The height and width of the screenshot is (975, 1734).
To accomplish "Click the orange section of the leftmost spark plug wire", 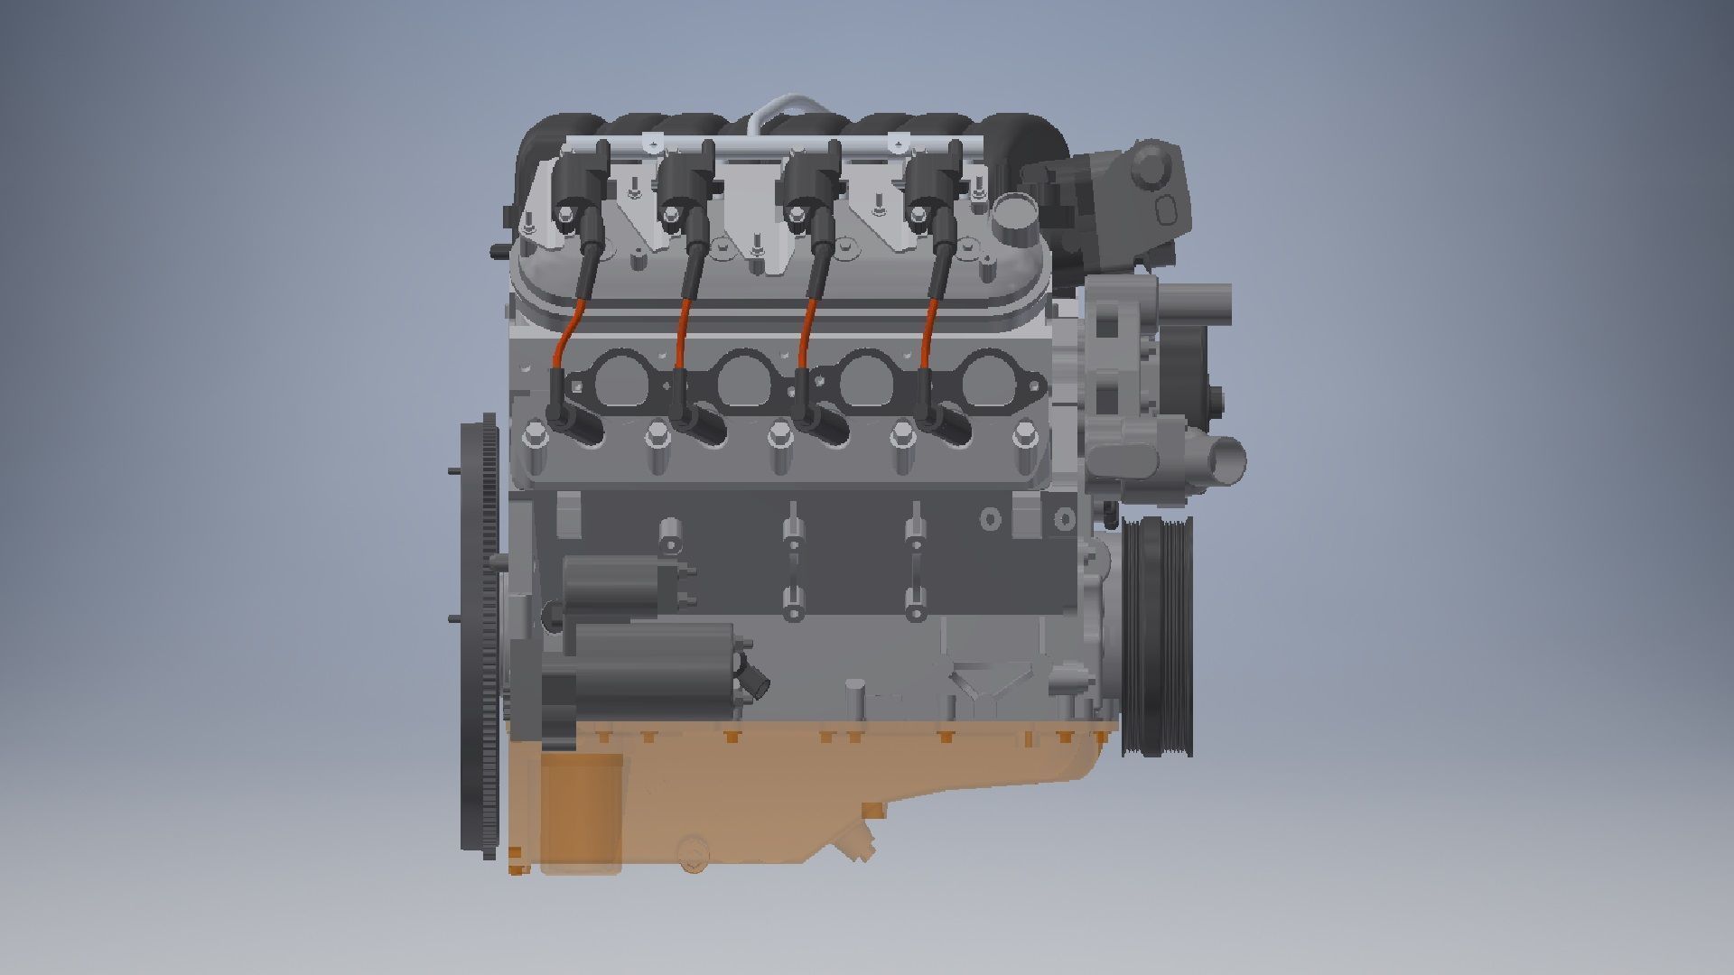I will click(x=568, y=333).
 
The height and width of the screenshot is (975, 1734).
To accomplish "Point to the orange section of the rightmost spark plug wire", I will click(x=928, y=335).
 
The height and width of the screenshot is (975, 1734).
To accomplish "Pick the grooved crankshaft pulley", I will click(x=1159, y=636).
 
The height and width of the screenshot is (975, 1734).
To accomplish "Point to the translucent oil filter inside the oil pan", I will click(x=582, y=812).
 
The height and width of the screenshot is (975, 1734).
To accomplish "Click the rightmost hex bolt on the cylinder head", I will click(x=1021, y=436).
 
